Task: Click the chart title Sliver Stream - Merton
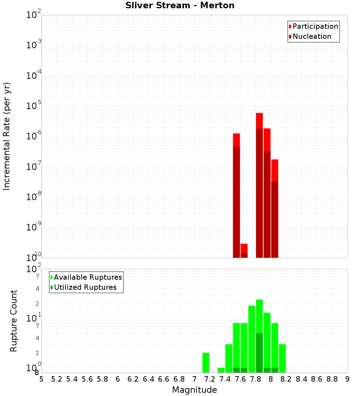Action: coord(180,5)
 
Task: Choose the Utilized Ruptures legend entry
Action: coord(85,287)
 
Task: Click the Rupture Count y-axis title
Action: coord(14,321)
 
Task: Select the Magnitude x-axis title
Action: coord(194,390)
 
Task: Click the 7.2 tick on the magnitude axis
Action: coord(210,379)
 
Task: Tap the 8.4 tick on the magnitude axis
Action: coord(301,379)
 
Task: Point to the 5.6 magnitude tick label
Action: coord(87,379)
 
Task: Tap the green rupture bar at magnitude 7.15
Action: coord(206,363)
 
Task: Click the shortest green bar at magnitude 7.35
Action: coord(221,370)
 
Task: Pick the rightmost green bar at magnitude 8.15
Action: coord(282,358)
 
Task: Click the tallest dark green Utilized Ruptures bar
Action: coord(259,353)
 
